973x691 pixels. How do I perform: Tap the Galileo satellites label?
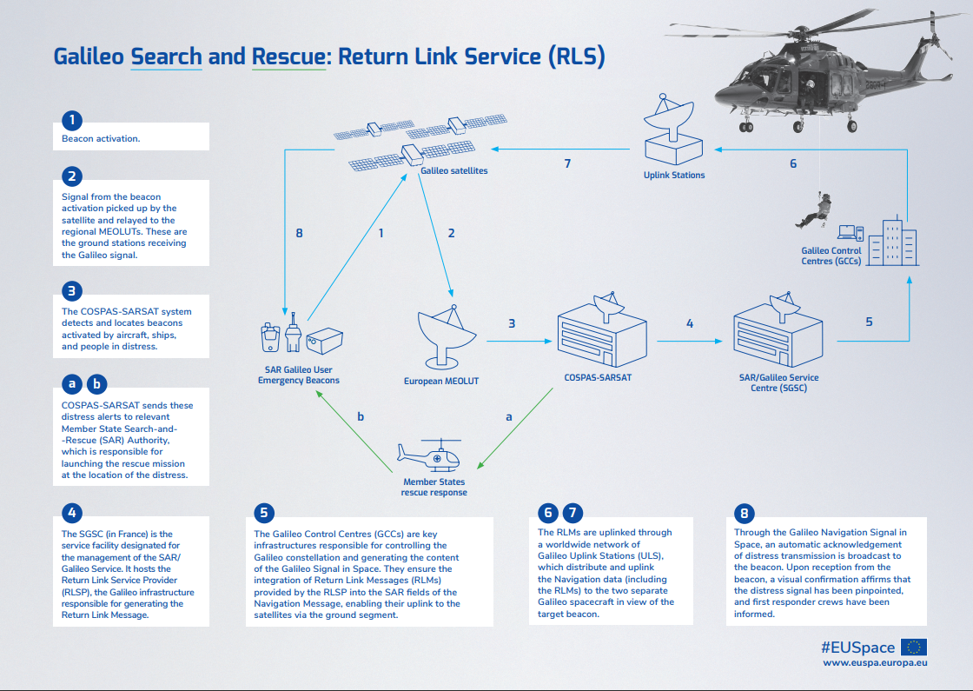coord(453,171)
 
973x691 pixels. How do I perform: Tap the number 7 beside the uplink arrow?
coord(567,163)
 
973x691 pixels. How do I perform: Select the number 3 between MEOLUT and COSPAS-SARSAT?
coord(512,323)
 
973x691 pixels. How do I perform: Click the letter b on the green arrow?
coord(361,417)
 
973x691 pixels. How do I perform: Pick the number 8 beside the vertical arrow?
coord(299,233)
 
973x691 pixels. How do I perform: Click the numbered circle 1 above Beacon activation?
coord(74,120)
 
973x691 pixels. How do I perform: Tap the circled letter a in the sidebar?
coord(73,382)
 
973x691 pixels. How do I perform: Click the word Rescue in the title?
coord(287,57)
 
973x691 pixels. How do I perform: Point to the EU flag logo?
coord(913,647)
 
